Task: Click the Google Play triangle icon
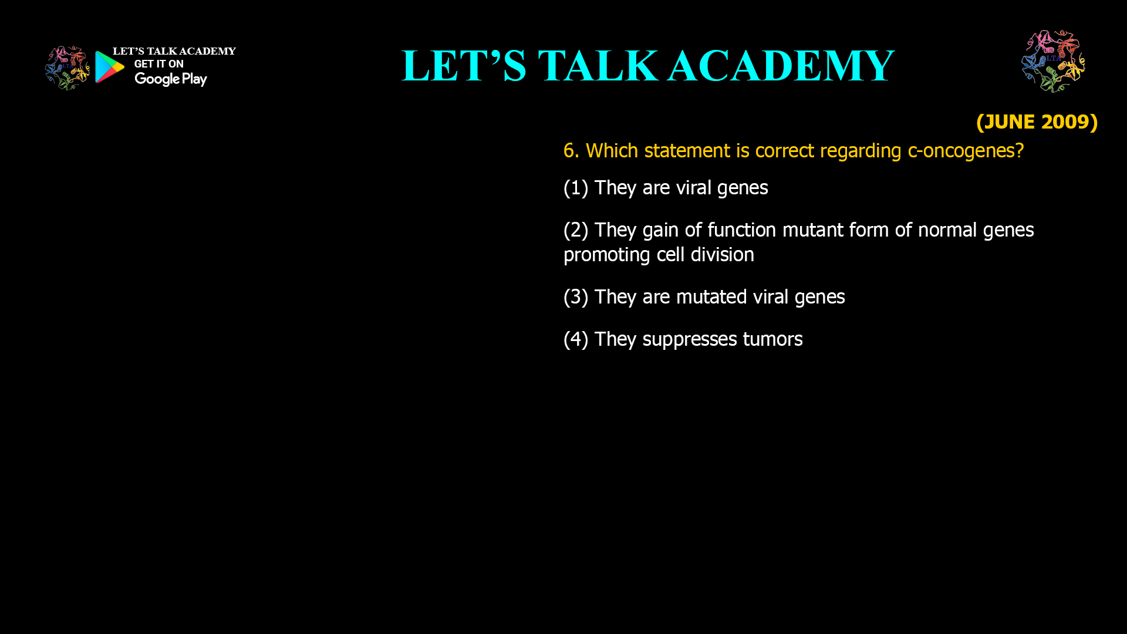109,67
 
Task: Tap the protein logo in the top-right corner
1053,61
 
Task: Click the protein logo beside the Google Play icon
67,68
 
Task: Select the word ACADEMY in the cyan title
781,66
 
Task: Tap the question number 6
570,151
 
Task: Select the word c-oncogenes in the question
965,151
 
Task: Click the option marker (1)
575,188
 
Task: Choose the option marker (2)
575,230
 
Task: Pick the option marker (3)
575,297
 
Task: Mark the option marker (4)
575,339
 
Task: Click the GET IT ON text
158,64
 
